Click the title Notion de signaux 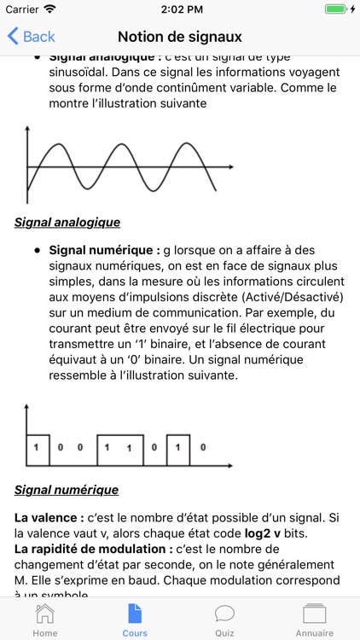(x=180, y=37)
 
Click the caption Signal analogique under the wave (x=67, y=222)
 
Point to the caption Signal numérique (x=67, y=490)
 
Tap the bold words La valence (x=49, y=517)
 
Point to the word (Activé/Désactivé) (x=293, y=297)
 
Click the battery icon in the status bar (x=337, y=9)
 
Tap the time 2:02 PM (x=179, y=9)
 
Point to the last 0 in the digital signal (x=202, y=446)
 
